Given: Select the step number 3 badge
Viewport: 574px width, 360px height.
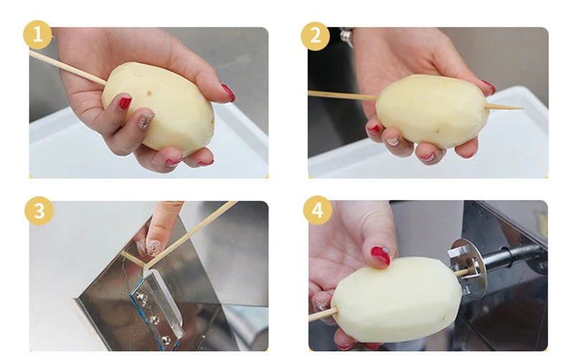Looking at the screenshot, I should pyautogui.click(x=37, y=211).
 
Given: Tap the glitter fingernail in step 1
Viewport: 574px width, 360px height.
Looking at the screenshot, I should pyautogui.click(x=146, y=120).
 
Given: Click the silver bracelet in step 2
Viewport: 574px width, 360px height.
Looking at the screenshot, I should pyautogui.click(x=347, y=34).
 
